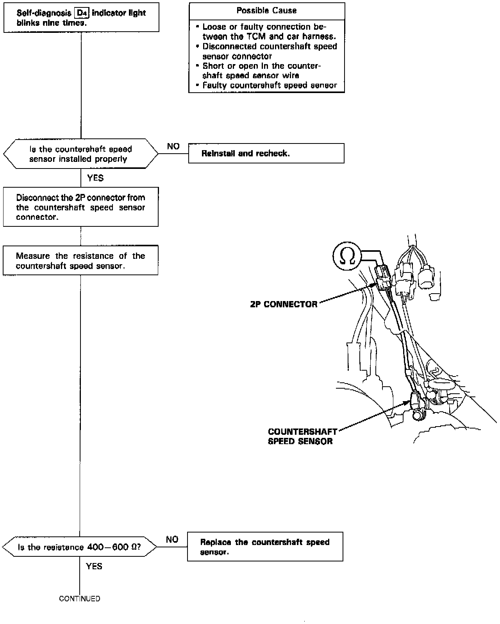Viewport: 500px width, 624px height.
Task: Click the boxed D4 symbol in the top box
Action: pos(81,13)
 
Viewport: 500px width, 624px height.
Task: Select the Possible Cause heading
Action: pos(266,11)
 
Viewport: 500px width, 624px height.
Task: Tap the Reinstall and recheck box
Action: pos(266,153)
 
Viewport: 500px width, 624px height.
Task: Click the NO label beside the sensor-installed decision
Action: pos(173,146)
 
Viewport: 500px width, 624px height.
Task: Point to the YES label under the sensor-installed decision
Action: pos(95,178)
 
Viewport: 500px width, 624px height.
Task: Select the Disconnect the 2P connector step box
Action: pos(80,207)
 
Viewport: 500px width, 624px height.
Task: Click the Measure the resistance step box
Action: pos(80,261)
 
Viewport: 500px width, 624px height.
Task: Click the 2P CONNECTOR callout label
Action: pos(284,304)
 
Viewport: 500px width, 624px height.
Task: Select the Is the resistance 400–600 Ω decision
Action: pos(79,547)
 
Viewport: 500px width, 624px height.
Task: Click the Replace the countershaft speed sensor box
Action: pos(265,547)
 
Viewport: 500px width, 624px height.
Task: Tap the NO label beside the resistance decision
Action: pos(172,540)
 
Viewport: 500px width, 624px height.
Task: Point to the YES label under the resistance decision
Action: pos(94,566)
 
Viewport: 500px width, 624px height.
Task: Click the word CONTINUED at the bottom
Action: pos(80,599)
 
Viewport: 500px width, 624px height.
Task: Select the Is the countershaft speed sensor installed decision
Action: pos(80,154)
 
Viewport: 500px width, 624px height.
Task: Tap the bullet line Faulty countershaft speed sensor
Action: pos(269,85)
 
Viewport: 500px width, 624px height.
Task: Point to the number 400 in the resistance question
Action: pos(88,547)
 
